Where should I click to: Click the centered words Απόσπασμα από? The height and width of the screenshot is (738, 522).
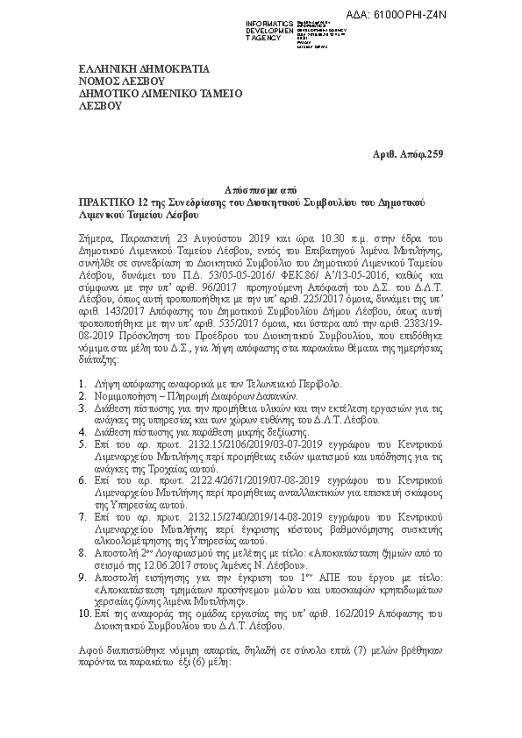261,189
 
